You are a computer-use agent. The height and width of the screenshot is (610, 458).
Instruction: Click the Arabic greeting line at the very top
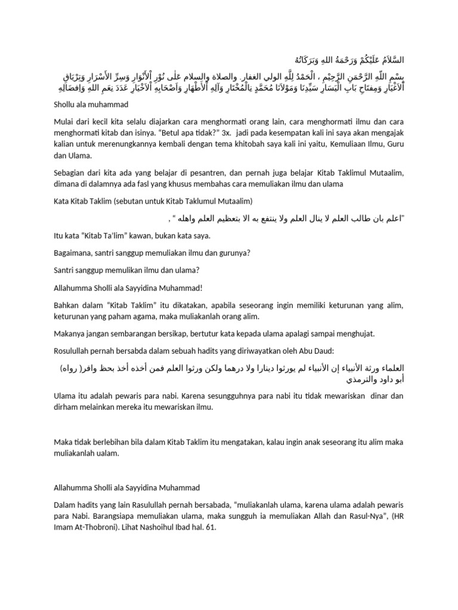[346, 61]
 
